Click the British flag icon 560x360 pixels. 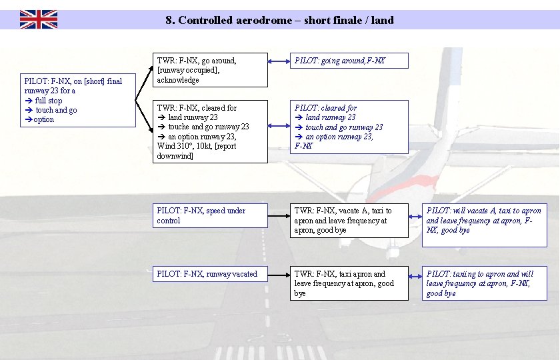click(38, 19)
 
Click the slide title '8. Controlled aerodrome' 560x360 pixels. click(279, 20)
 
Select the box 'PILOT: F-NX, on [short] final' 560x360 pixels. click(78, 100)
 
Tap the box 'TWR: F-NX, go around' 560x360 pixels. click(210, 70)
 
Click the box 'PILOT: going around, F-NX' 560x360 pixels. click(349, 61)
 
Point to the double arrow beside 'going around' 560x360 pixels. click(278, 61)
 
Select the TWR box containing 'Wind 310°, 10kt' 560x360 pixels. click(210, 131)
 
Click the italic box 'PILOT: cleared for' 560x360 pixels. click(349, 127)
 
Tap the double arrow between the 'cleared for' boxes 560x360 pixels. click(278, 127)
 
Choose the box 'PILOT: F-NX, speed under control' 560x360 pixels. click(210, 215)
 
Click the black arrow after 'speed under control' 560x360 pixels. click(278, 216)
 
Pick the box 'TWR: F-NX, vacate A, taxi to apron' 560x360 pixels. click(349, 221)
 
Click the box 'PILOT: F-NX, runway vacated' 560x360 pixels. click(210, 274)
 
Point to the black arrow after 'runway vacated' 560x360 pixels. click(278, 274)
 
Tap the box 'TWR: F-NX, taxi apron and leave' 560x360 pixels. click(349, 283)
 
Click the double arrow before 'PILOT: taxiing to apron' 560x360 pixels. click(415, 274)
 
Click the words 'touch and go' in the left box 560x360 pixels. click(56, 110)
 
